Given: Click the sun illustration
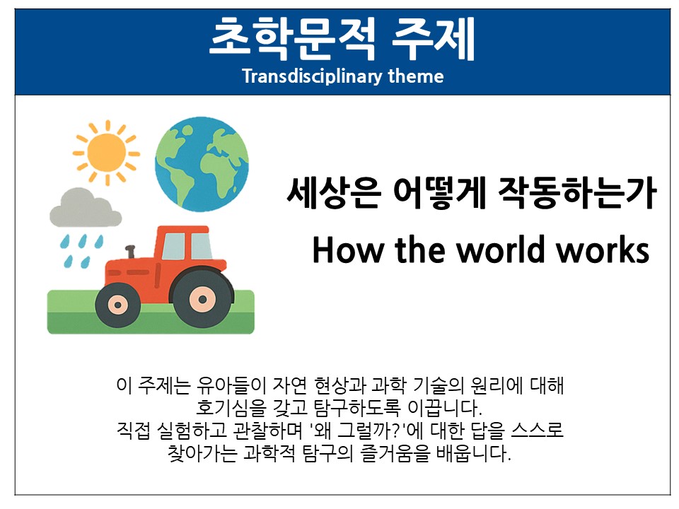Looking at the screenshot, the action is click(x=106, y=153).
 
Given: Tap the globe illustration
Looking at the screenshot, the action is click(x=202, y=164).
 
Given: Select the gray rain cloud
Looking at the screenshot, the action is click(x=86, y=208).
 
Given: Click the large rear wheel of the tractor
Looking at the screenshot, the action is click(x=202, y=298).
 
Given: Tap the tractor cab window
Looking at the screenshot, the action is click(x=186, y=246).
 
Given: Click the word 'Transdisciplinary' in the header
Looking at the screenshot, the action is click(x=312, y=76).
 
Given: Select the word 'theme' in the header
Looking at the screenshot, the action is click(x=416, y=76).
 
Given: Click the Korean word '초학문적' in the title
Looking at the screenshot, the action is click(x=293, y=38).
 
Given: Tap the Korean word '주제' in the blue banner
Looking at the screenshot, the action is click(x=434, y=38).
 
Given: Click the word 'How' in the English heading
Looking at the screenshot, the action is click(x=349, y=250).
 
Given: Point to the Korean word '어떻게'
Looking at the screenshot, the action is click(x=440, y=192).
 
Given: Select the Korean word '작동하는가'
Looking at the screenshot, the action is click(x=577, y=192).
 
